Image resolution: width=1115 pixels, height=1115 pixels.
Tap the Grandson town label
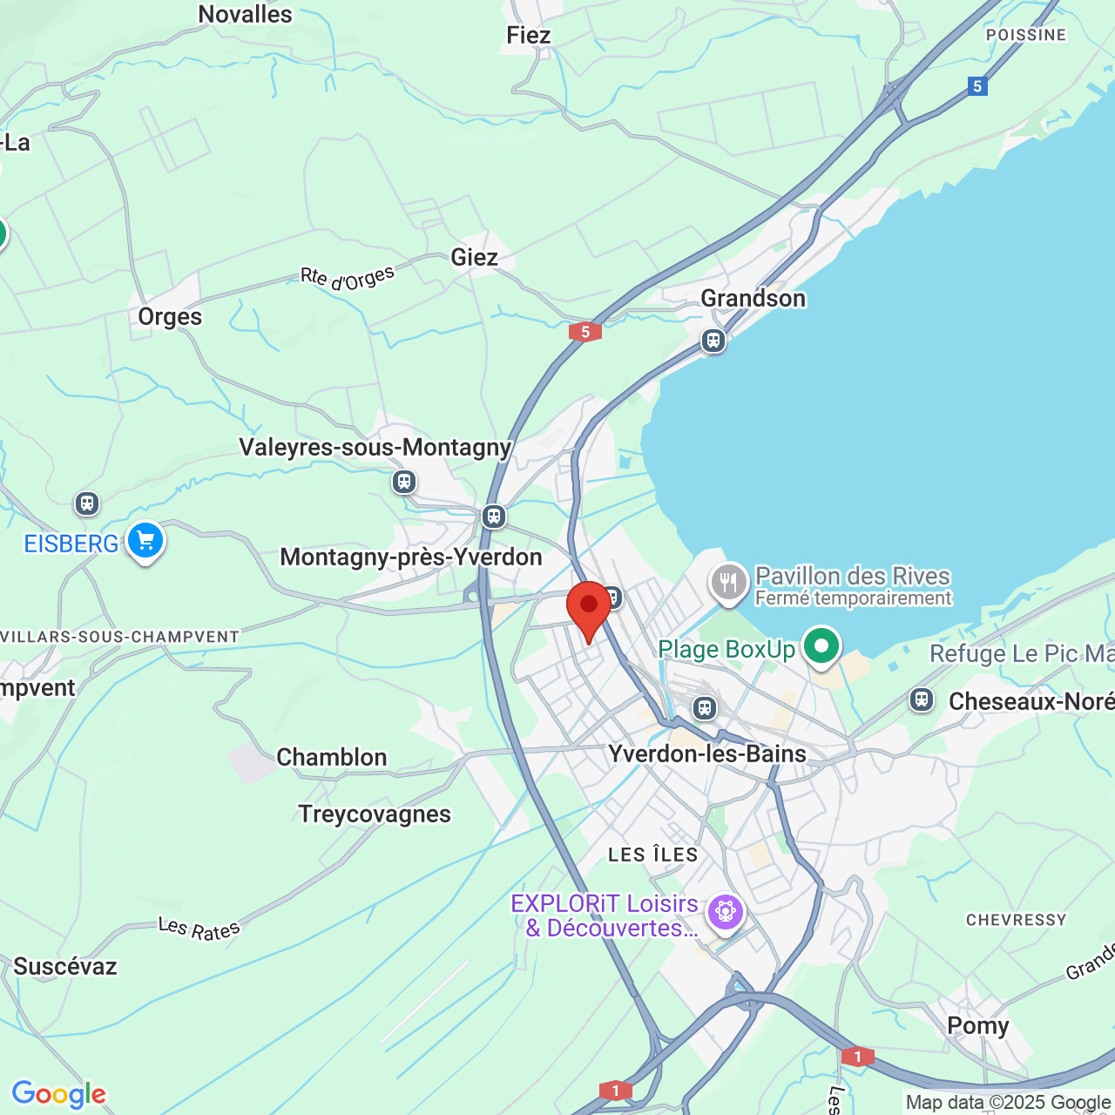[753, 299]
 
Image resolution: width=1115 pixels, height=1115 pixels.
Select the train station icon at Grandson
[713, 341]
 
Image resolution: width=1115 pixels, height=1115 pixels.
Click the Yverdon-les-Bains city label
[707, 753]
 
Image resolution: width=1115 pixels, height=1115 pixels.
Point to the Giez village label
[474, 258]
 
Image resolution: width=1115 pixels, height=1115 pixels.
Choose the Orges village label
[170, 317]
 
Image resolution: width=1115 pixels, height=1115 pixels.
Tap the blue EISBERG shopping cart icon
[145, 541]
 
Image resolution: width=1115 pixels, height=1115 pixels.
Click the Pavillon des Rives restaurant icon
[729, 582]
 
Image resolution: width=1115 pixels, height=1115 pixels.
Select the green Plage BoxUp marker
[821, 646]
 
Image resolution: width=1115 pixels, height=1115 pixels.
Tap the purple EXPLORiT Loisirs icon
[725, 912]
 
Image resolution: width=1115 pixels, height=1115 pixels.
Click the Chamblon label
[331, 758]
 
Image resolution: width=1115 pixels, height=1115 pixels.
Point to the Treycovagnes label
[375, 814]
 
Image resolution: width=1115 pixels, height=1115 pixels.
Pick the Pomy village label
[977, 1026]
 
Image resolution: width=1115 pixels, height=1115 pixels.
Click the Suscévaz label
[65, 967]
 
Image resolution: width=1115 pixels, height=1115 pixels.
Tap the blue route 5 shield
[977, 86]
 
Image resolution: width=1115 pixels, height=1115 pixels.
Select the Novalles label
[245, 15]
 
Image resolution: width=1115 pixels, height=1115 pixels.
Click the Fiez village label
[528, 36]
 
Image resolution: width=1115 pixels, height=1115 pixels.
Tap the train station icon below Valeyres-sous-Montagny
[403, 481]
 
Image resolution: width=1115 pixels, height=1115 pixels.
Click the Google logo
[58, 1094]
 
